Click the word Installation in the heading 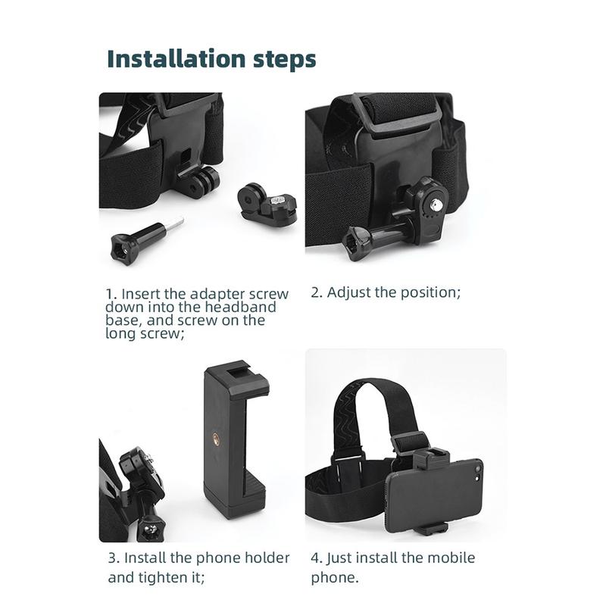176,58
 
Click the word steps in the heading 285,59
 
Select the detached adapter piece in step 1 267,204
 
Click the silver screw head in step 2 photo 437,202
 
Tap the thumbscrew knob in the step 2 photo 355,243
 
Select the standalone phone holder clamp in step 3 236,439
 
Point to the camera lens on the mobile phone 477,469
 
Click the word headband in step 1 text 240,308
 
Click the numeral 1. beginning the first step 111,294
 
